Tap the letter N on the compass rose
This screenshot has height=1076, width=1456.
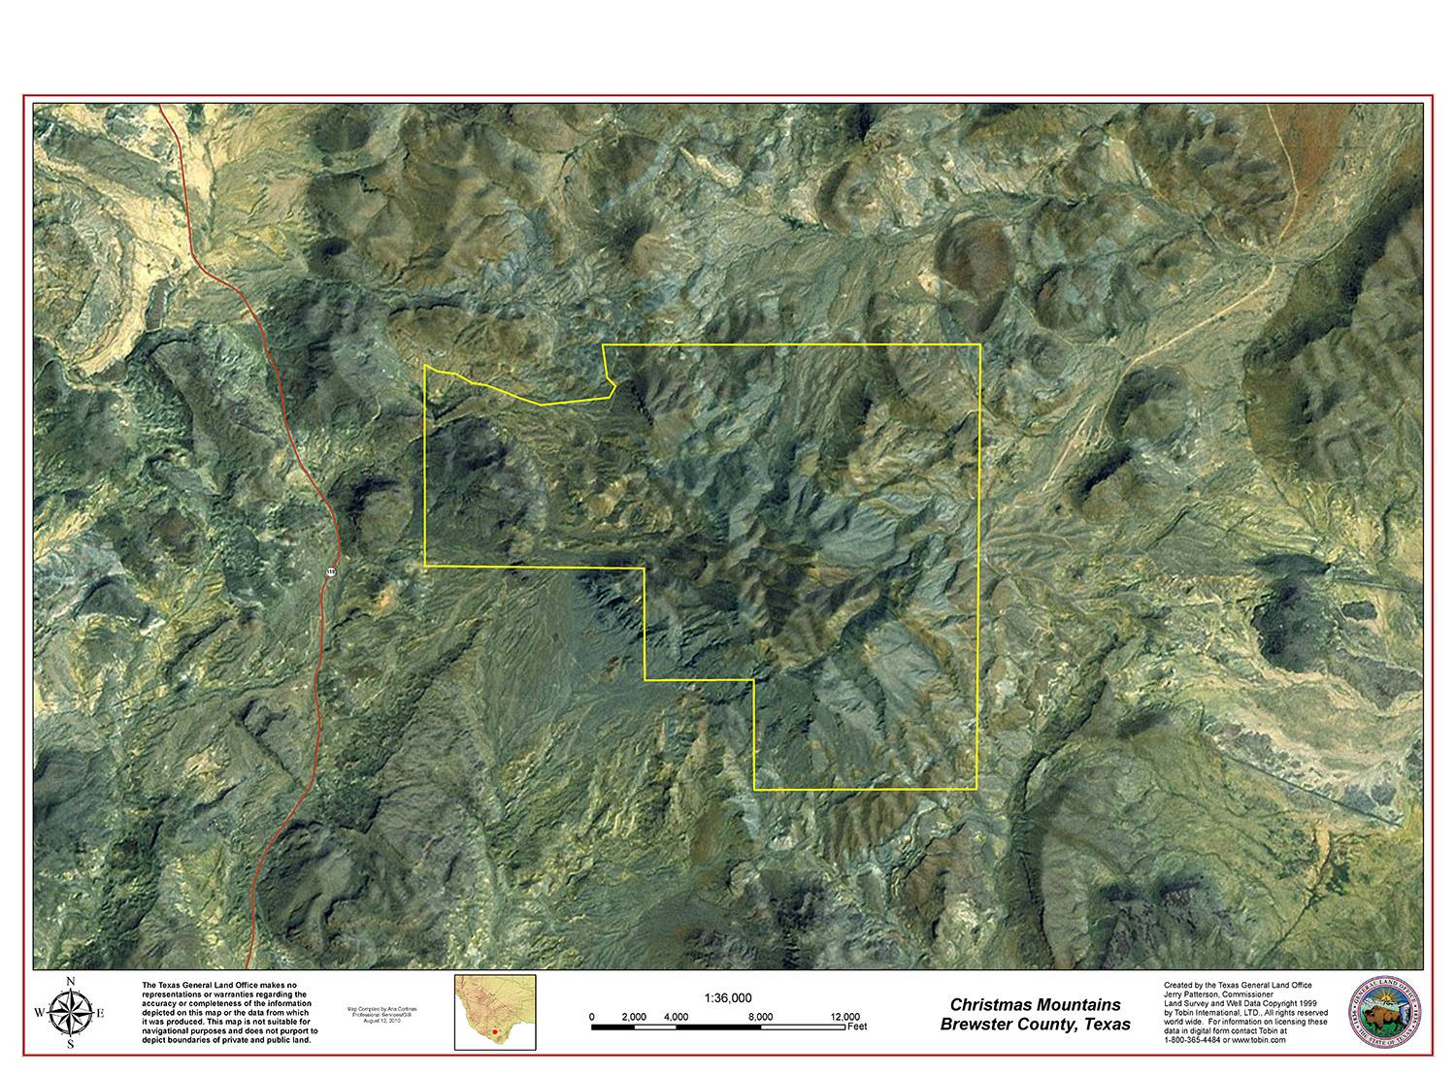click(70, 983)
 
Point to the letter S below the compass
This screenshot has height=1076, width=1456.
click(70, 1045)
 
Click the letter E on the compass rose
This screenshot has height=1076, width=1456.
click(100, 1014)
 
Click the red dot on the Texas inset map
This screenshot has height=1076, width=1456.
click(493, 1031)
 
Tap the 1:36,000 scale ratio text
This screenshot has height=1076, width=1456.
click(727, 997)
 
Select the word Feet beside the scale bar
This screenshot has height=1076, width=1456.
click(857, 1026)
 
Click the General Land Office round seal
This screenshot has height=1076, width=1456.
click(1388, 1014)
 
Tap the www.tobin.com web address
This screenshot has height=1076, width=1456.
click(1260, 1039)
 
